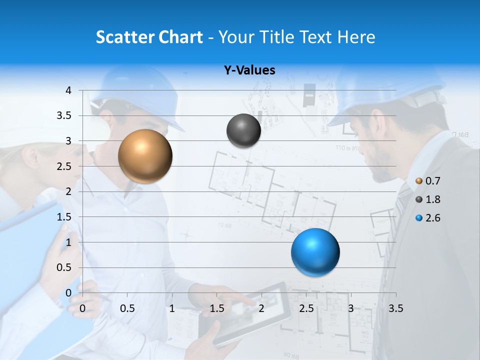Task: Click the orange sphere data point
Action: [145, 156]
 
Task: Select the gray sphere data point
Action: [243, 130]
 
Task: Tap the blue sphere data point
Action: [315, 252]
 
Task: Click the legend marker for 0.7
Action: [419, 181]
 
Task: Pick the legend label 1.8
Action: [432, 199]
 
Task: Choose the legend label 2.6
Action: [432, 218]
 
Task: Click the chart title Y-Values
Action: [249, 70]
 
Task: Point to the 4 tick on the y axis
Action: [69, 90]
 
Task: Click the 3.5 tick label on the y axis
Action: [64, 115]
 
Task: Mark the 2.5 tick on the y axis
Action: [64, 166]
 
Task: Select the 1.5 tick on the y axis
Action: [64, 217]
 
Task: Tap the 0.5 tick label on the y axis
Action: [64, 267]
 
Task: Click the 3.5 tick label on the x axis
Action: [395, 308]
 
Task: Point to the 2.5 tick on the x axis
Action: [306, 308]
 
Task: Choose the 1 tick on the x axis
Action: [172, 308]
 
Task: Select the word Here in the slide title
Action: [355, 37]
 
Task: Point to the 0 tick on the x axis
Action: [82, 308]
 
